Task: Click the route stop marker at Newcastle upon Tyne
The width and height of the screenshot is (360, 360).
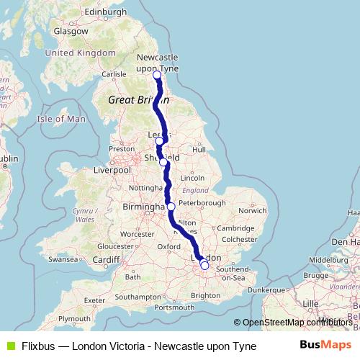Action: (157, 74)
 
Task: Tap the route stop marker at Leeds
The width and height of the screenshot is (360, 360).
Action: (159, 141)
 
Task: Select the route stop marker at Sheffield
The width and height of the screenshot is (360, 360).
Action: (163, 162)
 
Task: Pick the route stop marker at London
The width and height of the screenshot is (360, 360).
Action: (204, 266)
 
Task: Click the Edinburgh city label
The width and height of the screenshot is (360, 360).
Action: (105, 12)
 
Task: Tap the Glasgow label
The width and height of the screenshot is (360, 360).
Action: (71, 32)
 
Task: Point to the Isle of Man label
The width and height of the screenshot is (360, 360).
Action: (61, 119)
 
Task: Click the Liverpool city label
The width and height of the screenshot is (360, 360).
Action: (112, 171)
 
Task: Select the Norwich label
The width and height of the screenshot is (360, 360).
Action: (253, 210)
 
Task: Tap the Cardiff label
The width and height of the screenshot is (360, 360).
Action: (105, 260)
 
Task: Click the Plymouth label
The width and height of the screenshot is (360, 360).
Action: (75, 318)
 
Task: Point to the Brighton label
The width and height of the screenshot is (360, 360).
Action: (205, 295)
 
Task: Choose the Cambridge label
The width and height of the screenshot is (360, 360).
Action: (236, 228)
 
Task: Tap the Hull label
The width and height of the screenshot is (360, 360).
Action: (199, 149)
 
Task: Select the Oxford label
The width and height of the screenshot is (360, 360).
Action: (169, 246)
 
